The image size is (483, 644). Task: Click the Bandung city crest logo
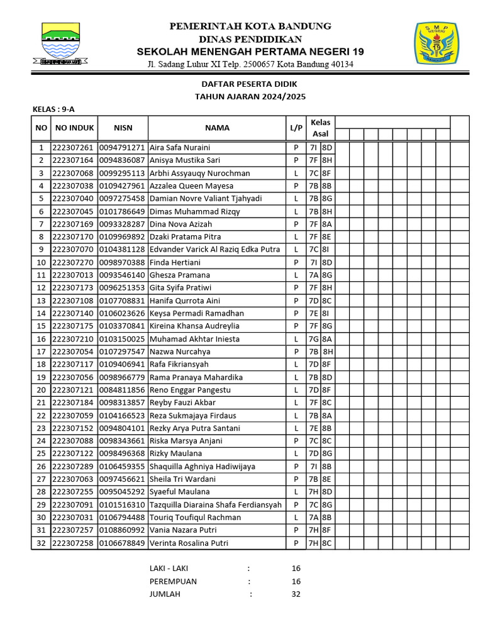[60, 45]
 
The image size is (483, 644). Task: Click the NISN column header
[123, 128]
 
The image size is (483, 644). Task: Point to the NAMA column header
[217, 128]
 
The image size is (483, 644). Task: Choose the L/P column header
[296, 128]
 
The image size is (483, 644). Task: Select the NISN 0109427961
[123, 186]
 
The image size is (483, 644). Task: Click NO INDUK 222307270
[73, 262]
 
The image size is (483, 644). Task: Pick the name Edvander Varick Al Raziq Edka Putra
[214, 250]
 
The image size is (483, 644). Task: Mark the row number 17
[41, 352]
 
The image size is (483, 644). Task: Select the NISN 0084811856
[123, 390]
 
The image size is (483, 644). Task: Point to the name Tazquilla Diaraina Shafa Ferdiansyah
[216, 505]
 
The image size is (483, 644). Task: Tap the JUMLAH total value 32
[296, 594]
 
